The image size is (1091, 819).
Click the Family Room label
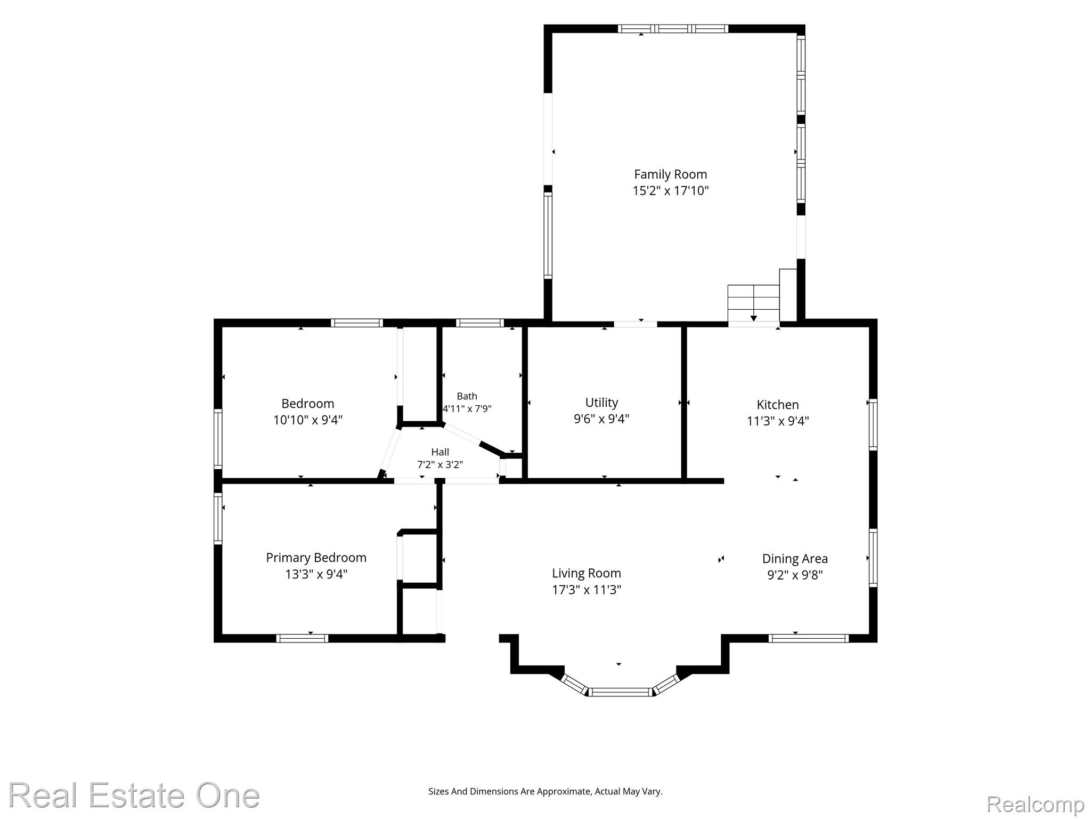pos(670,174)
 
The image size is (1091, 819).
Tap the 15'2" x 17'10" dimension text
pos(670,191)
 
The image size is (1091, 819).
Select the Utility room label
pos(601,403)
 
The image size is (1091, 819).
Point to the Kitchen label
pos(778,405)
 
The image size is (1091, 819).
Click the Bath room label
pos(467,396)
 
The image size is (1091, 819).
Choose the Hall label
pos(440,452)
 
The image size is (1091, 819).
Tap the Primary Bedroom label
pos(316,558)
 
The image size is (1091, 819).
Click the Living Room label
pos(587,573)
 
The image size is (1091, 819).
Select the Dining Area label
pos(795,559)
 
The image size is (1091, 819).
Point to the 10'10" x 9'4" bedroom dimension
pos(308,420)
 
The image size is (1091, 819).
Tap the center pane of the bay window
pos(621,692)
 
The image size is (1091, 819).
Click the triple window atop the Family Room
pos(673,29)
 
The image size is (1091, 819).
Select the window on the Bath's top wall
pos(479,323)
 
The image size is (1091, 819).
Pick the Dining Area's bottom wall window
pos(808,638)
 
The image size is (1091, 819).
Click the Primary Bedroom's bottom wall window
pos(302,638)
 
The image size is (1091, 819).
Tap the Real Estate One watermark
pos(134,795)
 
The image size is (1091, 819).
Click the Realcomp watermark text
pos(1035,804)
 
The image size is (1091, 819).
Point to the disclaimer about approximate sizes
pos(545,791)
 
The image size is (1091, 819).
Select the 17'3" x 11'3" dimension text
pos(587,590)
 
